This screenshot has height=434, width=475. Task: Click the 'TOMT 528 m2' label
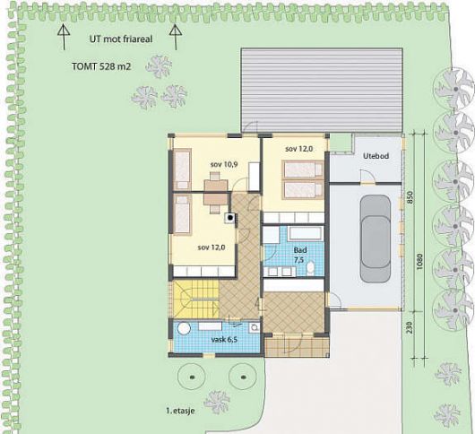[101, 66]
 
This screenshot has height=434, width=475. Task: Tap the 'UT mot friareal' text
[121, 39]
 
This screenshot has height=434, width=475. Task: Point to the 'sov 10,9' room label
[224, 164]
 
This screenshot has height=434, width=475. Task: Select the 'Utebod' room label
[376, 156]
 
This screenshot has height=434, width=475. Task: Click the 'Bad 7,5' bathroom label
[300, 255]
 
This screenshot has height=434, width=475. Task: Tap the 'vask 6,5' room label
[224, 340]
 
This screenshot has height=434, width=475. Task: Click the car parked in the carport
[375, 239]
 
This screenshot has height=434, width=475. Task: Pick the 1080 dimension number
[419, 262]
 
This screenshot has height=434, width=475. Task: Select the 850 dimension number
[410, 197]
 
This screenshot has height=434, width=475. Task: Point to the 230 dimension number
[410, 327]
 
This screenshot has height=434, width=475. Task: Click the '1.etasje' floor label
[180, 411]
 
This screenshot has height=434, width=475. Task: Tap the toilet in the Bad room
[310, 268]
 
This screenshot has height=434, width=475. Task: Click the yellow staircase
[195, 299]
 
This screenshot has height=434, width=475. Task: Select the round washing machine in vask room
[184, 328]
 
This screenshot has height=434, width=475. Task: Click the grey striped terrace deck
[322, 90]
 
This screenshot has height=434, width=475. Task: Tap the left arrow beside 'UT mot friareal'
[64, 37]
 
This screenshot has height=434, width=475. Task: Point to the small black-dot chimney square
[230, 217]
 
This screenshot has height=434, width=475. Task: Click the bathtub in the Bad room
[307, 233]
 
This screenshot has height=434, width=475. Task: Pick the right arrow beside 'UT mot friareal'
[176, 37]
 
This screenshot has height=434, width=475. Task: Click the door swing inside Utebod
[367, 176]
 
